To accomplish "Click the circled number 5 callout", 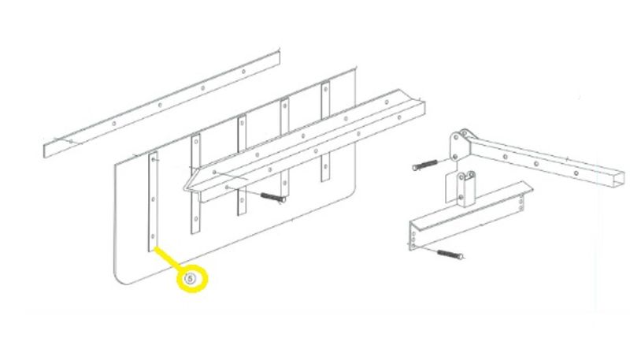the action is [191, 278].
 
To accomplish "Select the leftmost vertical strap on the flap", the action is [153, 202].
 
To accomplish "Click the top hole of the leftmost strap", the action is [154, 160].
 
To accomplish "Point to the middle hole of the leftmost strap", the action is [153, 199].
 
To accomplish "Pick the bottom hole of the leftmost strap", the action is [153, 236].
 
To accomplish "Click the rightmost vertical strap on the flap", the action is [325, 132].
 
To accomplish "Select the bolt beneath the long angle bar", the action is [273, 197].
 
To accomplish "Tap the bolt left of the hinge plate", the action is [425, 165].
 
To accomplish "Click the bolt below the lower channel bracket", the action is [450, 254].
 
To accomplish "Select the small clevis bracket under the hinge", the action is [465, 189].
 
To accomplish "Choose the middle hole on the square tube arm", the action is [536, 164].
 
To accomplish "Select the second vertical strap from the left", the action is [195, 184].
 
